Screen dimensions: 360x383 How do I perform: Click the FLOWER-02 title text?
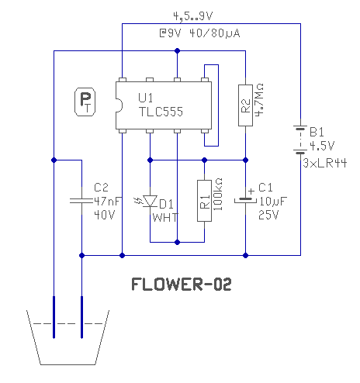click(x=182, y=285)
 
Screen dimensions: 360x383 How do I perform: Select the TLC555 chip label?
click(x=161, y=112)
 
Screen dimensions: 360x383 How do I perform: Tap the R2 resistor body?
click(x=245, y=105)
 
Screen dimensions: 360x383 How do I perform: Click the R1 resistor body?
click(x=204, y=201)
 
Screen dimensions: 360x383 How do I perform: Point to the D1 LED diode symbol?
click(x=150, y=201)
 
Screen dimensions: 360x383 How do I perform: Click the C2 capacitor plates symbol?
click(x=81, y=201)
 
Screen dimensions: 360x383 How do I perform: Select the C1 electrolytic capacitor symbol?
click(x=245, y=200)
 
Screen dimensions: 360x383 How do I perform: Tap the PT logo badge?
click(x=85, y=102)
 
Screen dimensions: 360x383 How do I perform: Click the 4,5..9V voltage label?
click(x=193, y=16)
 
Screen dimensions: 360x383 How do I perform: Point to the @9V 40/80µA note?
click(x=199, y=33)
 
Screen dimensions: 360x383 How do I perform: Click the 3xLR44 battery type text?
click(x=324, y=163)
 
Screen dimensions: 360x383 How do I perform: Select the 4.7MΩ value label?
click(x=259, y=100)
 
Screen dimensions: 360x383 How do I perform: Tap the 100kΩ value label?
click(x=218, y=195)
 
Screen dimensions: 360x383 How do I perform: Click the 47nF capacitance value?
click(x=107, y=201)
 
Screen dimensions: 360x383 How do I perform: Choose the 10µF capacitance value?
click(x=273, y=202)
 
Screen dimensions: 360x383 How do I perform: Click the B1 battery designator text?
click(x=317, y=132)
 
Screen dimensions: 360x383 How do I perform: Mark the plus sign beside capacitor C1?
click(x=251, y=191)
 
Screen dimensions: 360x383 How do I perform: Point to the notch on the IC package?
click(x=119, y=105)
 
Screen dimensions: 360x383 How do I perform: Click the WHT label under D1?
click(x=165, y=218)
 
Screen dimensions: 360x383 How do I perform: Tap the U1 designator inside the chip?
click(x=146, y=98)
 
